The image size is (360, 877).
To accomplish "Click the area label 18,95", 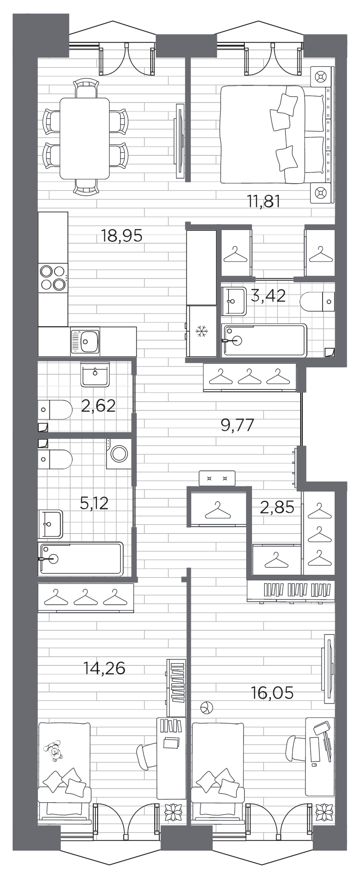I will pos(122,235).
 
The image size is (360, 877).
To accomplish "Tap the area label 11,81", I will pos(264,201).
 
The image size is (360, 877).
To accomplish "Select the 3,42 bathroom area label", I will pos(268,297).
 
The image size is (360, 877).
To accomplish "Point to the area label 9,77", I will pos(238,425).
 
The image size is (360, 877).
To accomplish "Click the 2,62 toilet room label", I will pos(98,406).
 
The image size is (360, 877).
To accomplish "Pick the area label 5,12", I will pos(94,503).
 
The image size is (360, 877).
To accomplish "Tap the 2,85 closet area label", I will pos(277,507).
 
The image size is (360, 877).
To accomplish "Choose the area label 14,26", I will pos(104,669).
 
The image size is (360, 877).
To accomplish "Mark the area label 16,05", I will pos(272,693).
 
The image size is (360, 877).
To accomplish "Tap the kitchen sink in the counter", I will pos(85,341).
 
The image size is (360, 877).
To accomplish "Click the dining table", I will pos(85,138).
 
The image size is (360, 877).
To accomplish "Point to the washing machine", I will pos(119,454).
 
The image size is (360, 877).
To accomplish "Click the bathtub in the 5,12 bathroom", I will pos(81,559).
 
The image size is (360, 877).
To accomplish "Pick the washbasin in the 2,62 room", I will pos(95,375).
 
